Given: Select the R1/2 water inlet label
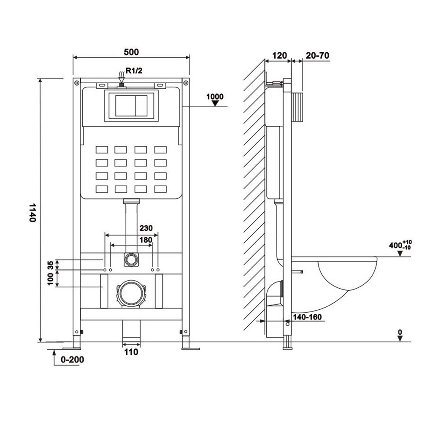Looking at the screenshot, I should (134, 70).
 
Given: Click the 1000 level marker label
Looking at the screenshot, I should (215, 97).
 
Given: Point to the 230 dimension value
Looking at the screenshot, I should (146, 228).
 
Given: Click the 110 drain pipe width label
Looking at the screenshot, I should (131, 352).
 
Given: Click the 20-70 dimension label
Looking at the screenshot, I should (317, 55).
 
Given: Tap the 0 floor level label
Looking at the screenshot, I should (400, 332).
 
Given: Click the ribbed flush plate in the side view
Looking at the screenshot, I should (298, 108).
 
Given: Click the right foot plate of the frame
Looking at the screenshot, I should (190, 348).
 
